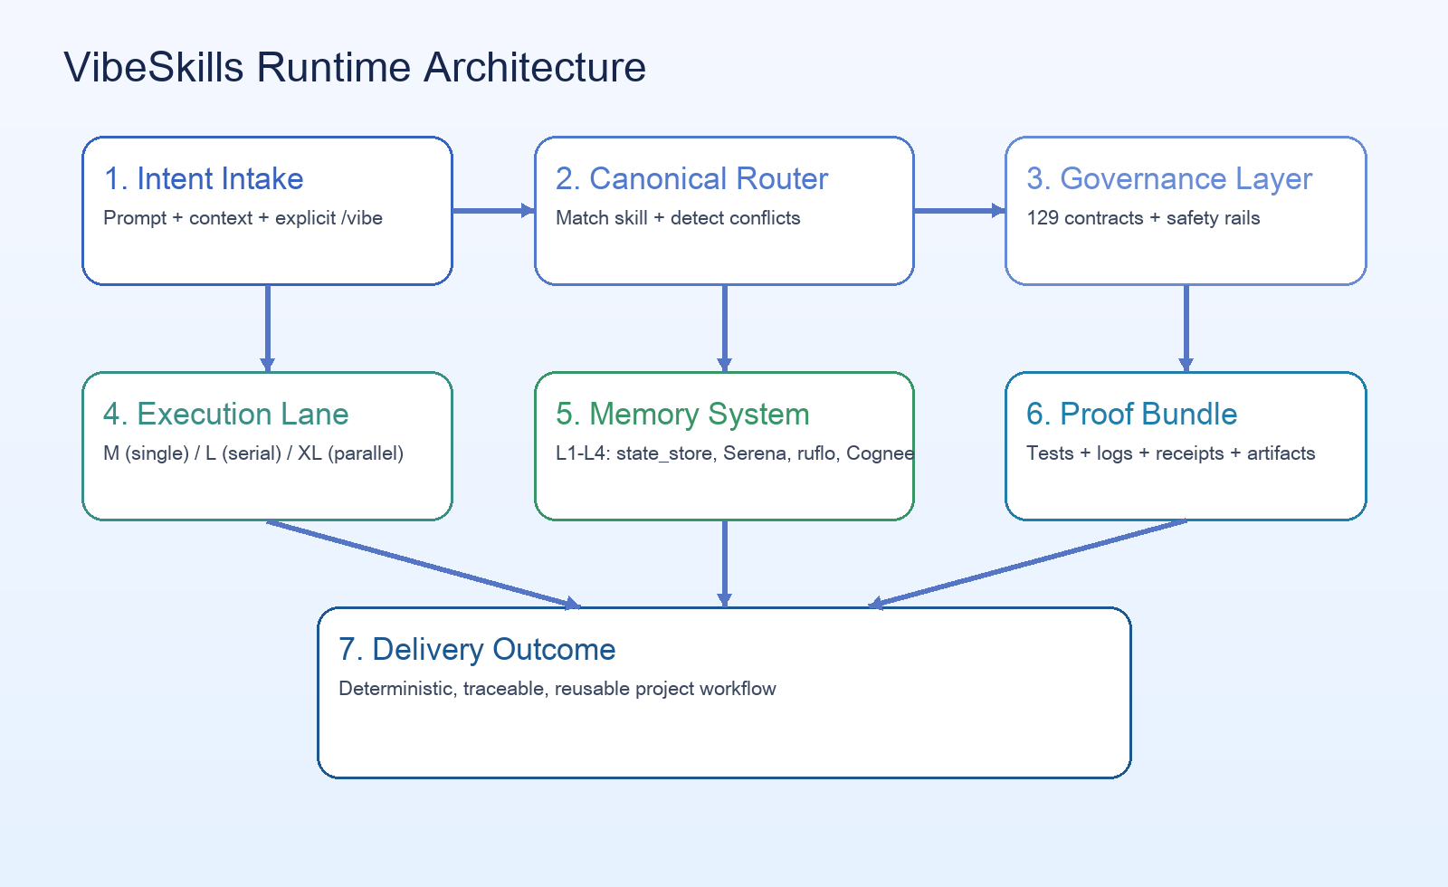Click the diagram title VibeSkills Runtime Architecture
pyautogui.click(x=355, y=68)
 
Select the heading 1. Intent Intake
pyautogui.click(x=204, y=179)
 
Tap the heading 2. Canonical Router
pyautogui.click(x=691, y=179)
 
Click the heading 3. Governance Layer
pyautogui.click(x=1168, y=179)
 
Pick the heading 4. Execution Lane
pyautogui.click(x=225, y=415)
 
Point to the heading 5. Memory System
pyautogui.click(x=682, y=415)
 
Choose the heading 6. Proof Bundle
pyautogui.click(x=1131, y=415)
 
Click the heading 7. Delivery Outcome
pyautogui.click(x=477, y=650)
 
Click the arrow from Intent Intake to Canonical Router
pyautogui.click(x=493, y=211)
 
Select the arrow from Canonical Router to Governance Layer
pyautogui.click(x=959, y=211)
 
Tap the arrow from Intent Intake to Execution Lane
pyautogui.click(x=268, y=328)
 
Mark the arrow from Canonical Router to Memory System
pyautogui.click(x=724, y=328)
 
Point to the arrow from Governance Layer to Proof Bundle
pyautogui.click(x=1186, y=328)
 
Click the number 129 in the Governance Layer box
pyautogui.click(x=1043, y=218)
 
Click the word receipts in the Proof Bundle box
pyautogui.click(x=1189, y=453)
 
